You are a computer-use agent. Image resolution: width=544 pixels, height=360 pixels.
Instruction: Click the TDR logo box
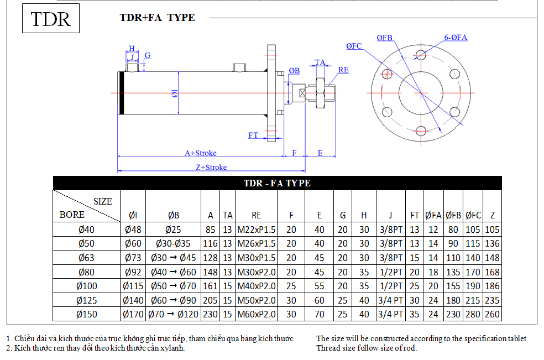pos(51,18)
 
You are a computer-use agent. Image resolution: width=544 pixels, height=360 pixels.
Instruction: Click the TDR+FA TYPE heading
pos(157,17)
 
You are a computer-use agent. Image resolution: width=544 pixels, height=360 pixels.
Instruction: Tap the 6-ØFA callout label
pos(456,37)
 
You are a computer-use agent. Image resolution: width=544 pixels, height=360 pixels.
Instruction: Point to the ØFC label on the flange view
pos(354,46)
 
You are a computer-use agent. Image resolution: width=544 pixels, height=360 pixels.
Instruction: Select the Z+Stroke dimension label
pos(211,167)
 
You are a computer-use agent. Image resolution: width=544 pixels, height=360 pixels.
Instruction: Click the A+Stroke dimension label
pos(201,153)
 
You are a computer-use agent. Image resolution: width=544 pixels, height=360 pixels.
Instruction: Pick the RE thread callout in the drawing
pos(343,70)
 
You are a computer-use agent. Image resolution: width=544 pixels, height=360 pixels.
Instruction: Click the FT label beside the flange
pos(253,135)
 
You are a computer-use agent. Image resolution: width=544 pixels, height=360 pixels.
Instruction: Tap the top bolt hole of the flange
pos(421,55)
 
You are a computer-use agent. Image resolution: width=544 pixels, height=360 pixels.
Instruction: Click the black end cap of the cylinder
pos(122,93)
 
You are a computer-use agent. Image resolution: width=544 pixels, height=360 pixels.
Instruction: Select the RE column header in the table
pos(256,215)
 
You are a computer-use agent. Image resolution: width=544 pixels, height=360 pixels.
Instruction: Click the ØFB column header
pos(453,215)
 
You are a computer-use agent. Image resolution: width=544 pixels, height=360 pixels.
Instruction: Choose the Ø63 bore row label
pos(86,258)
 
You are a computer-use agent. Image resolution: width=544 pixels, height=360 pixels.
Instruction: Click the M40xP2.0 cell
pos(257,286)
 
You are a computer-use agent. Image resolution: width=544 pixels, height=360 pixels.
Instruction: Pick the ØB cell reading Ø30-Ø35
pos(173,244)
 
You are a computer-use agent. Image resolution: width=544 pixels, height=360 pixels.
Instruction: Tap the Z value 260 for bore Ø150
pos(492,314)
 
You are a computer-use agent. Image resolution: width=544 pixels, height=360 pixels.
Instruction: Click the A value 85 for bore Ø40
pos(210,229)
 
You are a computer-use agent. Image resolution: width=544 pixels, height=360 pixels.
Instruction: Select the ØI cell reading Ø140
pos(133,300)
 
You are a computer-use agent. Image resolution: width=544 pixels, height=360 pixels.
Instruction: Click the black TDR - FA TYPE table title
pos(277,183)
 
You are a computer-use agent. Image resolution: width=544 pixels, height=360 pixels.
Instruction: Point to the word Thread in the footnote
pos(327,348)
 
